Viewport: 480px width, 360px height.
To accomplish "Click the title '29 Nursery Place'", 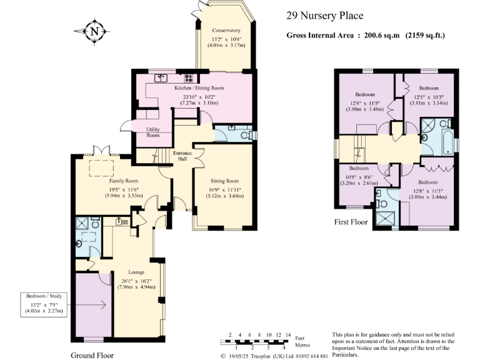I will pos(324,16).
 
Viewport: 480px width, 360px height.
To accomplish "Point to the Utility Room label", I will pos(153,131).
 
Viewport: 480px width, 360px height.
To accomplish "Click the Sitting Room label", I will pos(224,181).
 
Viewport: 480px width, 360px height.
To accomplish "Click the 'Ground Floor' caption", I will pos(92,354).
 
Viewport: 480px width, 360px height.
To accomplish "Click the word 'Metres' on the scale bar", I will pos(302,344).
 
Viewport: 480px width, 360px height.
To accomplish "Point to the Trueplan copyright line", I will pos(274,356).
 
